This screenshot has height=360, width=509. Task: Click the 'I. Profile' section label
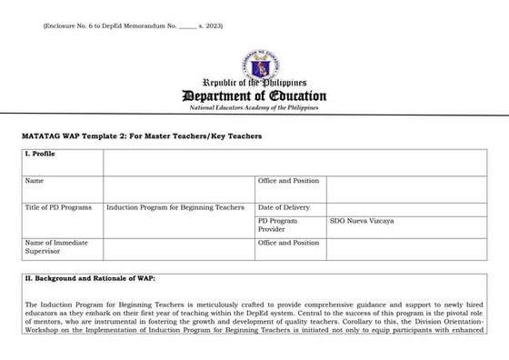[x=41, y=155]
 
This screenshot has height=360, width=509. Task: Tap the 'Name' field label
[x=35, y=181]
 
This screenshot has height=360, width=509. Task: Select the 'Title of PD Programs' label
[x=58, y=207]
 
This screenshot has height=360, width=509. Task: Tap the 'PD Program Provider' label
[x=278, y=224]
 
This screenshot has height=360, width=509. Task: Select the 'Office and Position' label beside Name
[x=289, y=181]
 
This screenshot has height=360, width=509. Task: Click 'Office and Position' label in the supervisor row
[x=289, y=243]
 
